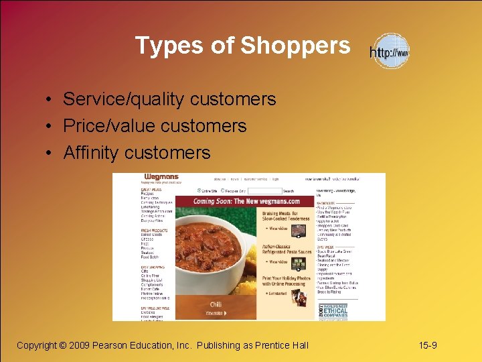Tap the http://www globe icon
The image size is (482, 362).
390,52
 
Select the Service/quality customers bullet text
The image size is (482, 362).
169,99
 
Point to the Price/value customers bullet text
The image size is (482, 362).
155,126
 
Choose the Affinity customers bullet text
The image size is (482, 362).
137,153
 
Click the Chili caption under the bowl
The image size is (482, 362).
216,304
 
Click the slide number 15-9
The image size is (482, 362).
428,345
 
